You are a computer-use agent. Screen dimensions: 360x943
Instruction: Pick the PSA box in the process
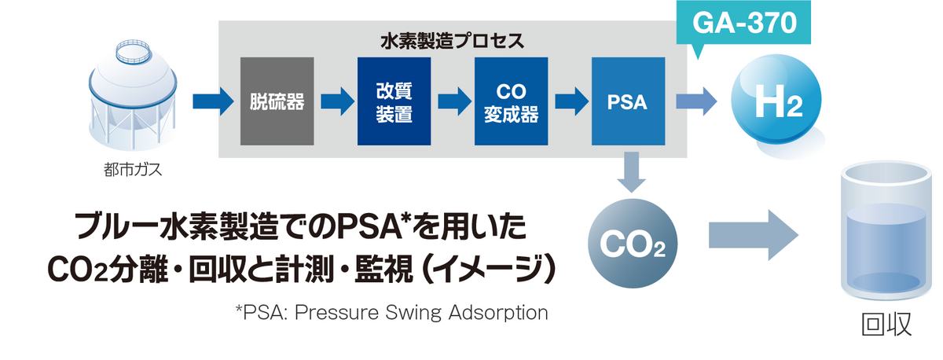pyautogui.click(x=628, y=101)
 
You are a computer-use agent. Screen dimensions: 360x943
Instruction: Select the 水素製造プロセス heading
pyautogui.click(x=452, y=39)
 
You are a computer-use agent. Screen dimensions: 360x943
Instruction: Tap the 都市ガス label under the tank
pyautogui.click(x=127, y=169)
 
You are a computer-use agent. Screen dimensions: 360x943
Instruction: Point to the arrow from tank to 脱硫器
pyautogui.click(x=213, y=101)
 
